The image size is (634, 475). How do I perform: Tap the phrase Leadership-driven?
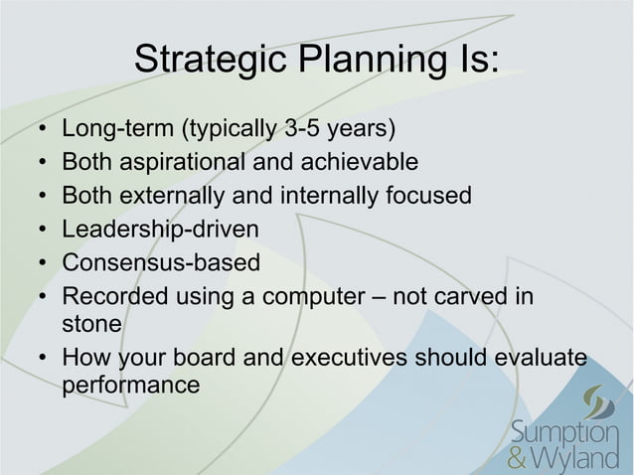point(160,230)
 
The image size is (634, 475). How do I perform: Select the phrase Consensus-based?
point(160,263)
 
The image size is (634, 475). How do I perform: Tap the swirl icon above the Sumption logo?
point(600,402)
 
